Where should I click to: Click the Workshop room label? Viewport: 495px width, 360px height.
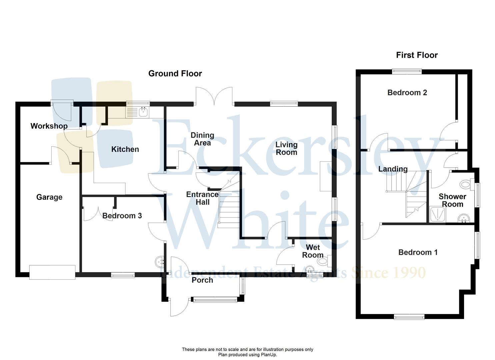coord(49,126)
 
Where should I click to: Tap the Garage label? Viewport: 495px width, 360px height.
coord(49,197)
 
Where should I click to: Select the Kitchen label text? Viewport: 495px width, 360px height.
coord(125,149)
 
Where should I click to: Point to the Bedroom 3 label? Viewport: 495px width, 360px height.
coord(122,216)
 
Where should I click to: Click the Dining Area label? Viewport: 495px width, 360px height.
coord(202,139)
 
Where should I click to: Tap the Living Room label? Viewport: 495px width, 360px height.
coord(286,148)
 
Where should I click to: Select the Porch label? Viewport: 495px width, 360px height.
coord(202,280)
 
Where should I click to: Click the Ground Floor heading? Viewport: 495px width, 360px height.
coord(175,73)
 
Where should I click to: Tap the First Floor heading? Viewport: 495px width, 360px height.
coord(417,55)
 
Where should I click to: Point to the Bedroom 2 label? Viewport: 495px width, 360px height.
coord(407,92)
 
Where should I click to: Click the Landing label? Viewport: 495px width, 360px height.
coord(393,169)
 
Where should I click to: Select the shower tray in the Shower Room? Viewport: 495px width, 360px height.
coord(436,214)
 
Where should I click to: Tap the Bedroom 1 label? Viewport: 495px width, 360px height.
coord(418,252)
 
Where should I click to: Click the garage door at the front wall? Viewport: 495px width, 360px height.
coord(52,272)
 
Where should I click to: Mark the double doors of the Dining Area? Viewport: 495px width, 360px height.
coord(214,97)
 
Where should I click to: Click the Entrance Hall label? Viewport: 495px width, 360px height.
coord(202,198)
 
